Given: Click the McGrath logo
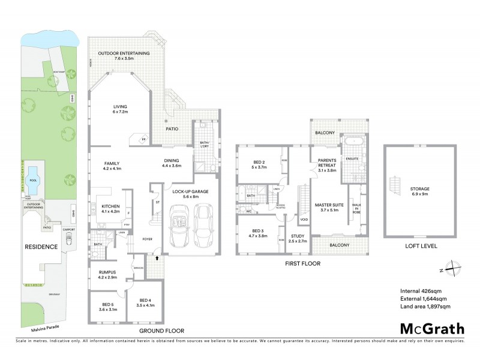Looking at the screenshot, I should [x=432, y=328].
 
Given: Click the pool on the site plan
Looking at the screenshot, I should [x=31, y=174].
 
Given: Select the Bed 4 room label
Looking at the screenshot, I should [x=146, y=302].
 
